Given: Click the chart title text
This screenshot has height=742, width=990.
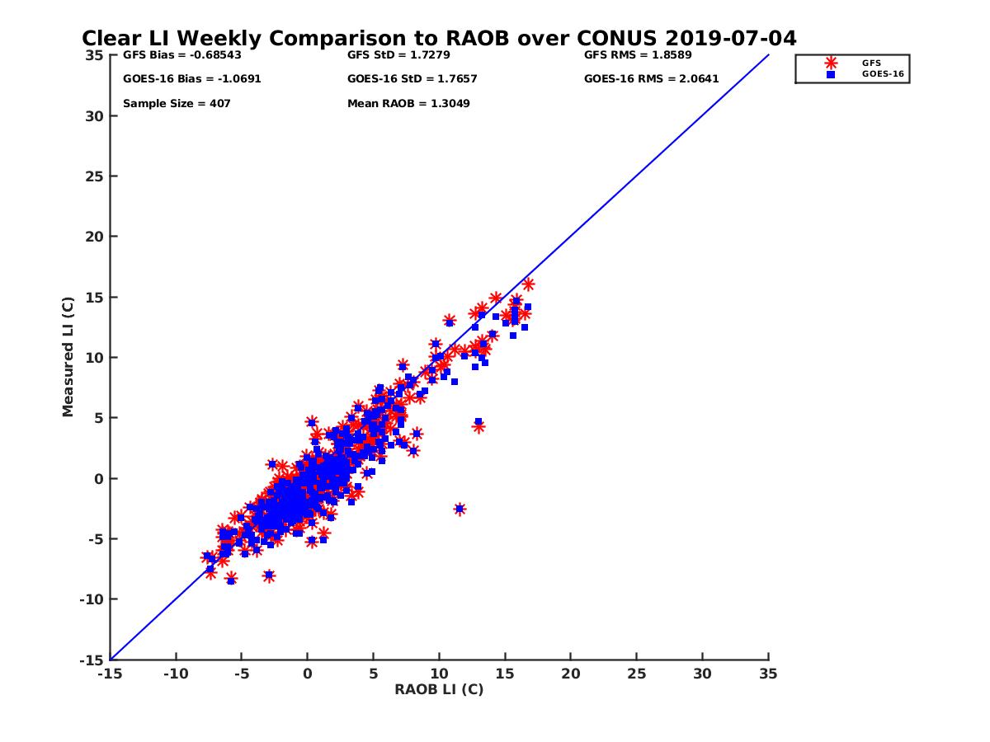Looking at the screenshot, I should pyautogui.click(x=439, y=39).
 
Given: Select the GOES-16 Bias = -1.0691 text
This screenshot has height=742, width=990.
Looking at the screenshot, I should pyautogui.click(x=181, y=79).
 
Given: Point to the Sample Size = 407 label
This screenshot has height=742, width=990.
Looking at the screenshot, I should pyautogui.click(x=177, y=104).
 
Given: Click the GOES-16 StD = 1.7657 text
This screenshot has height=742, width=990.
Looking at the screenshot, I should pyautogui.click(x=412, y=79).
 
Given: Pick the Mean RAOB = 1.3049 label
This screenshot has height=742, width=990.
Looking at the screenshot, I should pyautogui.click(x=409, y=104).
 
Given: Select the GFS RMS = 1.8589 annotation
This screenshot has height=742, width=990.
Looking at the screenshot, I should pyautogui.click(x=638, y=55).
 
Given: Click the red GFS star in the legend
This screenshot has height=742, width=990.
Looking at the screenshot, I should pyautogui.click(x=831, y=63).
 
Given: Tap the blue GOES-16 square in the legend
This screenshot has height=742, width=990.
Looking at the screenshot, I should pyautogui.click(x=831, y=74).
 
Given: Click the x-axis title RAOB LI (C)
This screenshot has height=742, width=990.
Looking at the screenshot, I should pyautogui.click(x=439, y=689).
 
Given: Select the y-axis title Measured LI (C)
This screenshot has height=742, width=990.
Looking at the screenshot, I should pyautogui.click(x=68, y=357).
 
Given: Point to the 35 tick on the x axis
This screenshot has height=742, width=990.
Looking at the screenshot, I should pyautogui.click(x=768, y=674).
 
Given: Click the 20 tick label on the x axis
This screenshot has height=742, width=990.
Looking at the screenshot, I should pyautogui.click(x=571, y=674).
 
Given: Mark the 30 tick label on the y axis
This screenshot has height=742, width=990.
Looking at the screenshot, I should pyautogui.click(x=95, y=116).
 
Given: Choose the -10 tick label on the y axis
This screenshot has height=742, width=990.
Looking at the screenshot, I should pyautogui.click(x=92, y=599).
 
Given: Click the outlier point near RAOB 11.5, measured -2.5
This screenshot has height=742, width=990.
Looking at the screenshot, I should pyautogui.click(x=460, y=510).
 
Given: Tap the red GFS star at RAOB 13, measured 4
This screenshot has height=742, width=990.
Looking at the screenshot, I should pyautogui.click(x=478, y=427).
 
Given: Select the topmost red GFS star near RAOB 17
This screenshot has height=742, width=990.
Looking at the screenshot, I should pyautogui.click(x=528, y=284).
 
